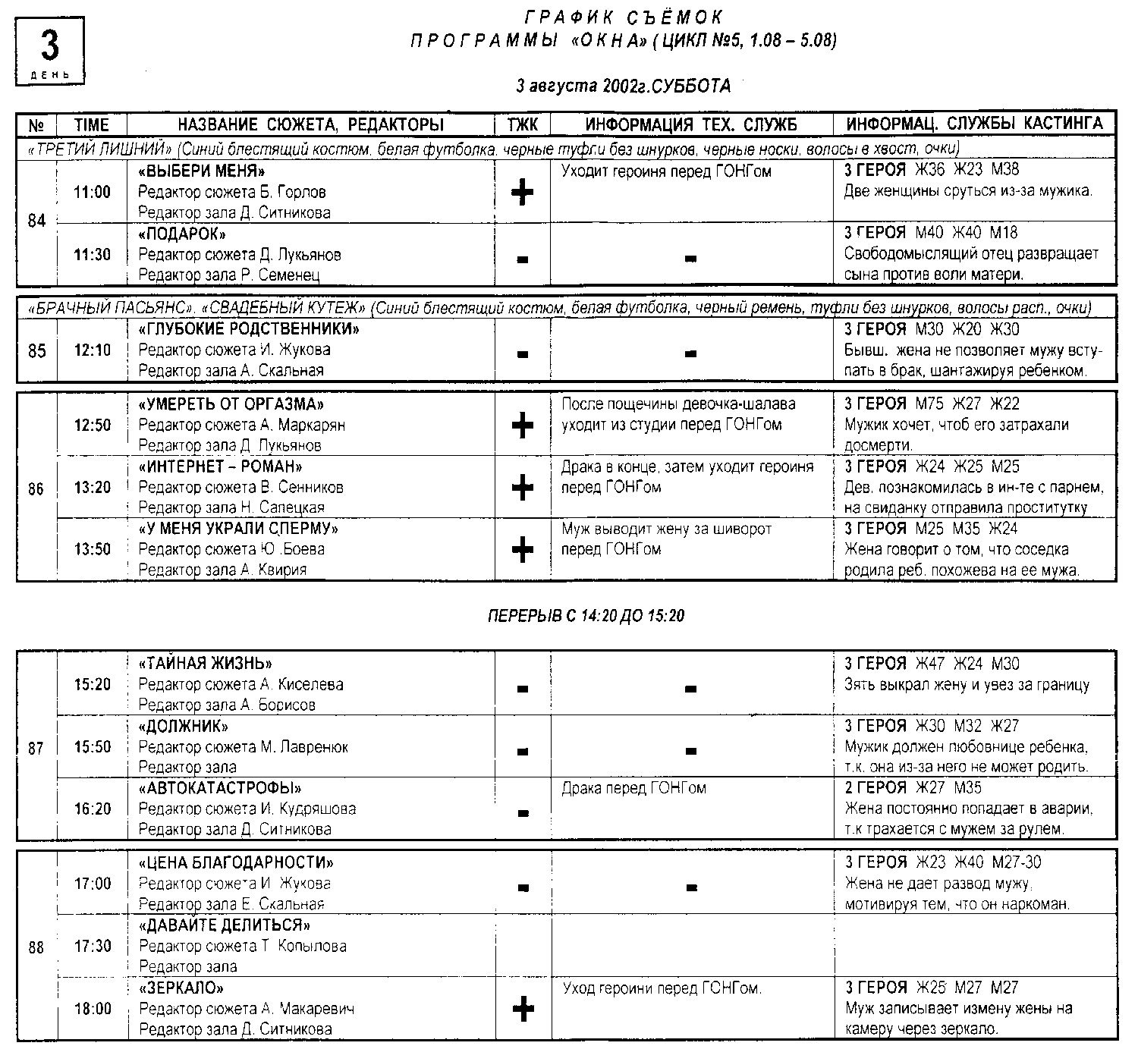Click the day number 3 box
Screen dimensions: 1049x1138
pos(49,50)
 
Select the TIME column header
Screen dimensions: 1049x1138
pos(92,124)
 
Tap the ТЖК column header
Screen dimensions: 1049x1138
pos(522,124)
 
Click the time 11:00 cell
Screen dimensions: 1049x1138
pos(92,193)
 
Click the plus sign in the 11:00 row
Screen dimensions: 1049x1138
pos(522,193)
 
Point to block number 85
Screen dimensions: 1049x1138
pos(36,351)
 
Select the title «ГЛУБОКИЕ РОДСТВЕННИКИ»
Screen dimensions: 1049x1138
pos(249,329)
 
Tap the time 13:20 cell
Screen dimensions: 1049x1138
pos(92,488)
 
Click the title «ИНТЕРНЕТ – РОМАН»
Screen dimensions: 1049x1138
pos(220,466)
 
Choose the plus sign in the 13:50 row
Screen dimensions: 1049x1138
pos(522,549)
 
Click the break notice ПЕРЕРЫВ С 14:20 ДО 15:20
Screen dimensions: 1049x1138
pos(586,616)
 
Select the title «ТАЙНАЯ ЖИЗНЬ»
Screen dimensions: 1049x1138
pos(205,664)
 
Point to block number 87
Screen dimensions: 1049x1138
pos(36,749)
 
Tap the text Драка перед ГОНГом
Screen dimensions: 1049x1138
pos(633,788)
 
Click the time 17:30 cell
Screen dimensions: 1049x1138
pos(92,947)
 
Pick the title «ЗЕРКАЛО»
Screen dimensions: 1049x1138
pos(182,988)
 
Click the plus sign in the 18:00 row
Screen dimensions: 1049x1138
pos(523,1009)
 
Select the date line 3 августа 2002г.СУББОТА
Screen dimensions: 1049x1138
pos(623,86)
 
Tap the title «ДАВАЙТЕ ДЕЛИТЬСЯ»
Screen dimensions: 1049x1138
pos(225,925)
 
